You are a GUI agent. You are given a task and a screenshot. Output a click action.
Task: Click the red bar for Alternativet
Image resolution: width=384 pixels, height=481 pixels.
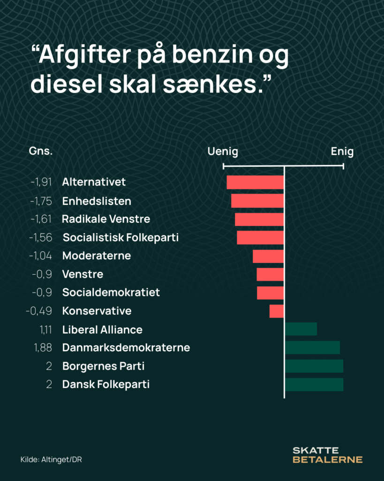(x=255, y=182)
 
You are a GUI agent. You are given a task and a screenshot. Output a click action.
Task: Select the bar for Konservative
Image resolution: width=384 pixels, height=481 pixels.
(x=277, y=311)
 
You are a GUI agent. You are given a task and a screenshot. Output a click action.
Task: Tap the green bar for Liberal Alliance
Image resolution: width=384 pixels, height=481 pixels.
(x=301, y=329)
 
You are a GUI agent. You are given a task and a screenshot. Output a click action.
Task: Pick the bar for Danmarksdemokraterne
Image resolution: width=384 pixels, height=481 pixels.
(x=312, y=348)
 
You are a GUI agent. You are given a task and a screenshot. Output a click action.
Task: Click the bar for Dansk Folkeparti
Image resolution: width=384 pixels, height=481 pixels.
(x=314, y=384)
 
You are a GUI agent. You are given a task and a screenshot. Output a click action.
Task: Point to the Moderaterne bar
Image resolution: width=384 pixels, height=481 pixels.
(x=268, y=256)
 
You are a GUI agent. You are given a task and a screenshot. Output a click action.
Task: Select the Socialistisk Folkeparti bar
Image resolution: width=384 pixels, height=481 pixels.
(x=260, y=237)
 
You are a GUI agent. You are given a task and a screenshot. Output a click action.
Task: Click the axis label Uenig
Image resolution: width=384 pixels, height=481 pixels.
(x=223, y=152)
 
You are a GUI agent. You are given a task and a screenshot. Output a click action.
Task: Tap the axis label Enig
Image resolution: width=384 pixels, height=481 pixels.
(x=342, y=152)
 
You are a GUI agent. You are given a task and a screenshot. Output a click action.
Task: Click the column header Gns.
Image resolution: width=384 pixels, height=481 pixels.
(x=41, y=152)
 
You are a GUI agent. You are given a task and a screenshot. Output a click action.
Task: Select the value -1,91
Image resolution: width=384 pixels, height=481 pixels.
(x=41, y=182)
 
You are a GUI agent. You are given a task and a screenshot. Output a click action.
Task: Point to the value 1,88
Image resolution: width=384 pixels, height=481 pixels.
(x=43, y=348)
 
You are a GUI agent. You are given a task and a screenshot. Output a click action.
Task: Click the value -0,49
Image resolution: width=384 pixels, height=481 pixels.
(x=41, y=311)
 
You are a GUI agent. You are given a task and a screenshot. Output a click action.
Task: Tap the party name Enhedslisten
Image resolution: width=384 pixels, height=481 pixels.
(x=97, y=201)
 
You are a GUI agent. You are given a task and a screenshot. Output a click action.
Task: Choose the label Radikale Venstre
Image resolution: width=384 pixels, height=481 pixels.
(x=106, y=219)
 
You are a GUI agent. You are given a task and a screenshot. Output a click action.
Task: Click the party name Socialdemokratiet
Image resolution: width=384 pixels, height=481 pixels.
(x=111, y=292)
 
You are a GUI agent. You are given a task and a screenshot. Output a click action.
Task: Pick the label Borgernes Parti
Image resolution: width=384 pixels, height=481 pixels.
(x=103, y=366)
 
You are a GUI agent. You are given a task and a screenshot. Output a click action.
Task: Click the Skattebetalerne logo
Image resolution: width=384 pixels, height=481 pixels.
(x=327, y=455)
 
